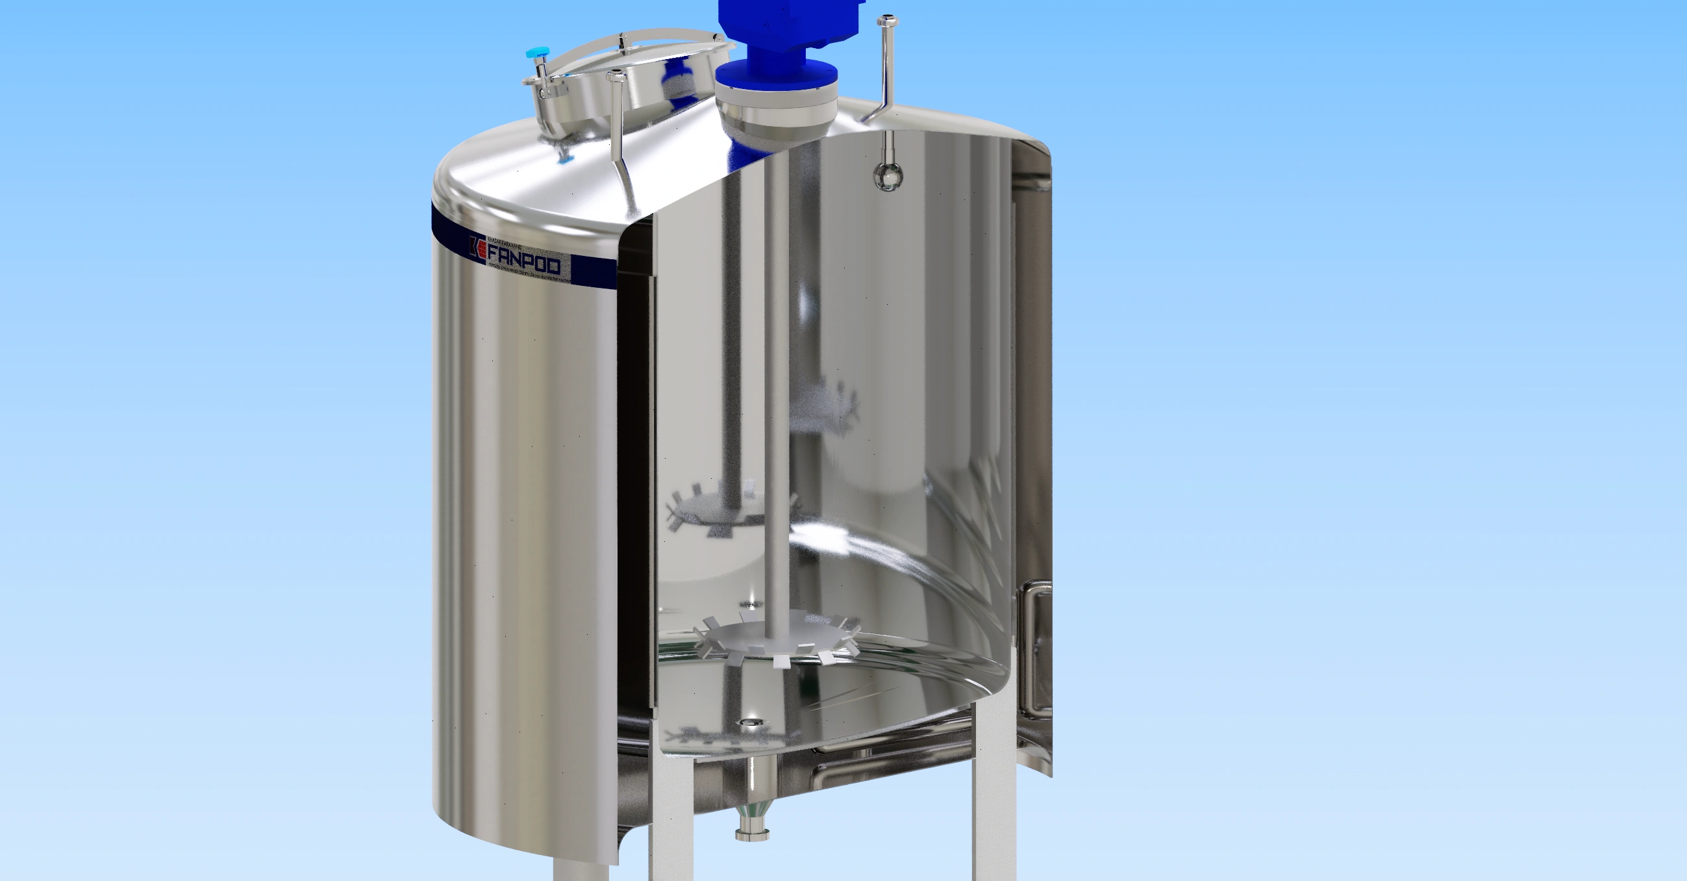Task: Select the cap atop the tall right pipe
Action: tap(887, 21)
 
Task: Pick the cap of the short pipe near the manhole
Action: tap(616, 77)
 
